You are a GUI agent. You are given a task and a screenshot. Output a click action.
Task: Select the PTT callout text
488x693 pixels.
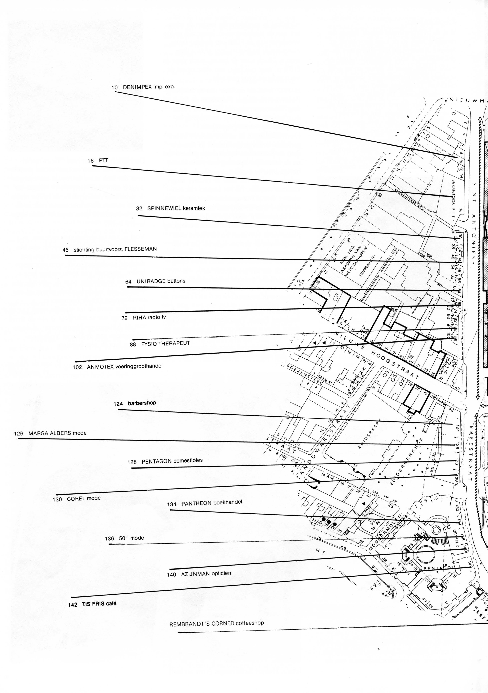tap(103, 161)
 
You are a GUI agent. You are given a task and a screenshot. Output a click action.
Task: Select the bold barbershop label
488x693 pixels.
tap(142, 403)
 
